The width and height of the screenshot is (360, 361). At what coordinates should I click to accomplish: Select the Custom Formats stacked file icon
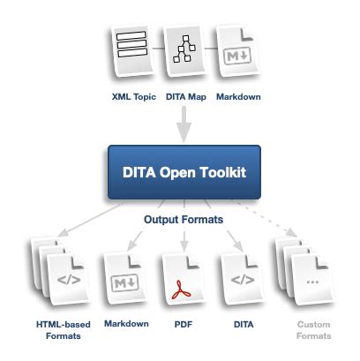302,272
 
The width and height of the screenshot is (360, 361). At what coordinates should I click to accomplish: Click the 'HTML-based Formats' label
58,330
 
